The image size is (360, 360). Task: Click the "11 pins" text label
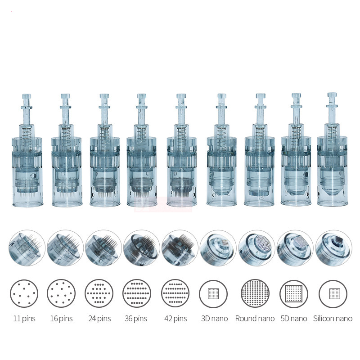pos(24,319)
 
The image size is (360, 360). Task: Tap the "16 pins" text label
pos(61,319)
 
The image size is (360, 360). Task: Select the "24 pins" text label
pos(99,319)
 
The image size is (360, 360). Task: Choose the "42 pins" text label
pos(175,319)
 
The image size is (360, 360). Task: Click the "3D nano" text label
pos(213,319)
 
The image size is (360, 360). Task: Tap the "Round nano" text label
pos(255,319)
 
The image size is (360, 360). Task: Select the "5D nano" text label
pos(293,319)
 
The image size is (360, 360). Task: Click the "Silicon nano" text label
pos(333,319)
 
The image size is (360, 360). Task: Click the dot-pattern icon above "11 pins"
pos(24,293)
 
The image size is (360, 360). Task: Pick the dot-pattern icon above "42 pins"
pos(175,293)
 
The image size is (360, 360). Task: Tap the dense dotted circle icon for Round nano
pos(255,293)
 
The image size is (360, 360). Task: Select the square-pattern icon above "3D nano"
pos(213,293)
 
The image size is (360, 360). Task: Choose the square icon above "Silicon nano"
pos(333,293)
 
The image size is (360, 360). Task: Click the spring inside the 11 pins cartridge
pos(27,130)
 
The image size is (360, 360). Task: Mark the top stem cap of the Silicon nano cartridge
pos(332,96)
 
